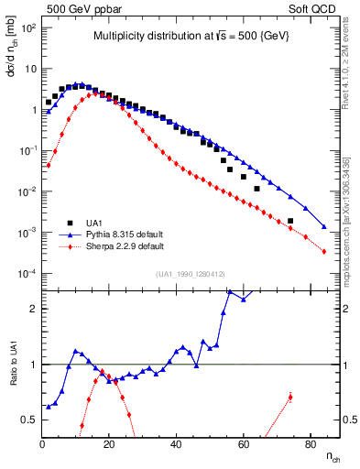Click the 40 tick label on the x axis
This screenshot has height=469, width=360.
(176, 445)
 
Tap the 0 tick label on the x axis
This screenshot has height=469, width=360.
(43, 445)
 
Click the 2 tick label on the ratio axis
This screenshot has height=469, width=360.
(34, 309)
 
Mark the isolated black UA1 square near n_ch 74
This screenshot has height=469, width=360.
(289, 221)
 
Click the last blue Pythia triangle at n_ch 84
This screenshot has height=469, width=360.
(323, 226)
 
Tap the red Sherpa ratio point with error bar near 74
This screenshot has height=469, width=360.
(289, 397)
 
